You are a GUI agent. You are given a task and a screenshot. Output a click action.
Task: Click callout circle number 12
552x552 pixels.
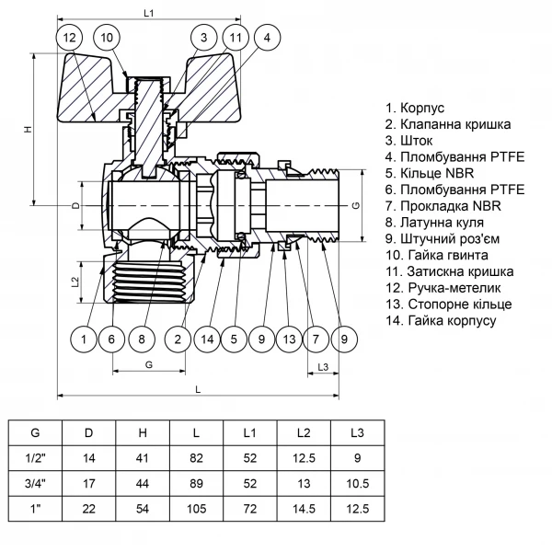click(70, 38)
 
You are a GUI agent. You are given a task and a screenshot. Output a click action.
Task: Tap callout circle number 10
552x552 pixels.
click(107, 38)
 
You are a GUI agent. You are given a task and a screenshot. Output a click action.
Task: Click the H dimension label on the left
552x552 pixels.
click(28, 129)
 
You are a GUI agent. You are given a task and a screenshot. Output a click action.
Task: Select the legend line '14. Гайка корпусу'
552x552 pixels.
click(442, 320)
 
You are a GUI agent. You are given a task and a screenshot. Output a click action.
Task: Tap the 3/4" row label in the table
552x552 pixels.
click(36, 483)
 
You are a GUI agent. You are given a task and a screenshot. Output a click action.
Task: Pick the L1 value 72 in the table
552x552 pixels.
click(249, 508)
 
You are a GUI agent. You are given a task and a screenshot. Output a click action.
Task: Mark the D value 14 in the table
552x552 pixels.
click(89, 457)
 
